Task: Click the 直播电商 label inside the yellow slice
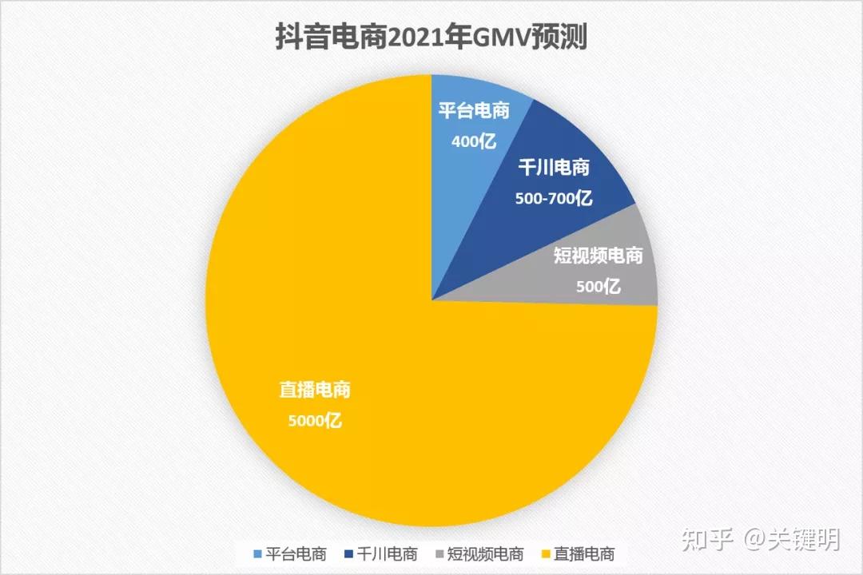coord(315,391)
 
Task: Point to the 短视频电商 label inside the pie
coord(599,256)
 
